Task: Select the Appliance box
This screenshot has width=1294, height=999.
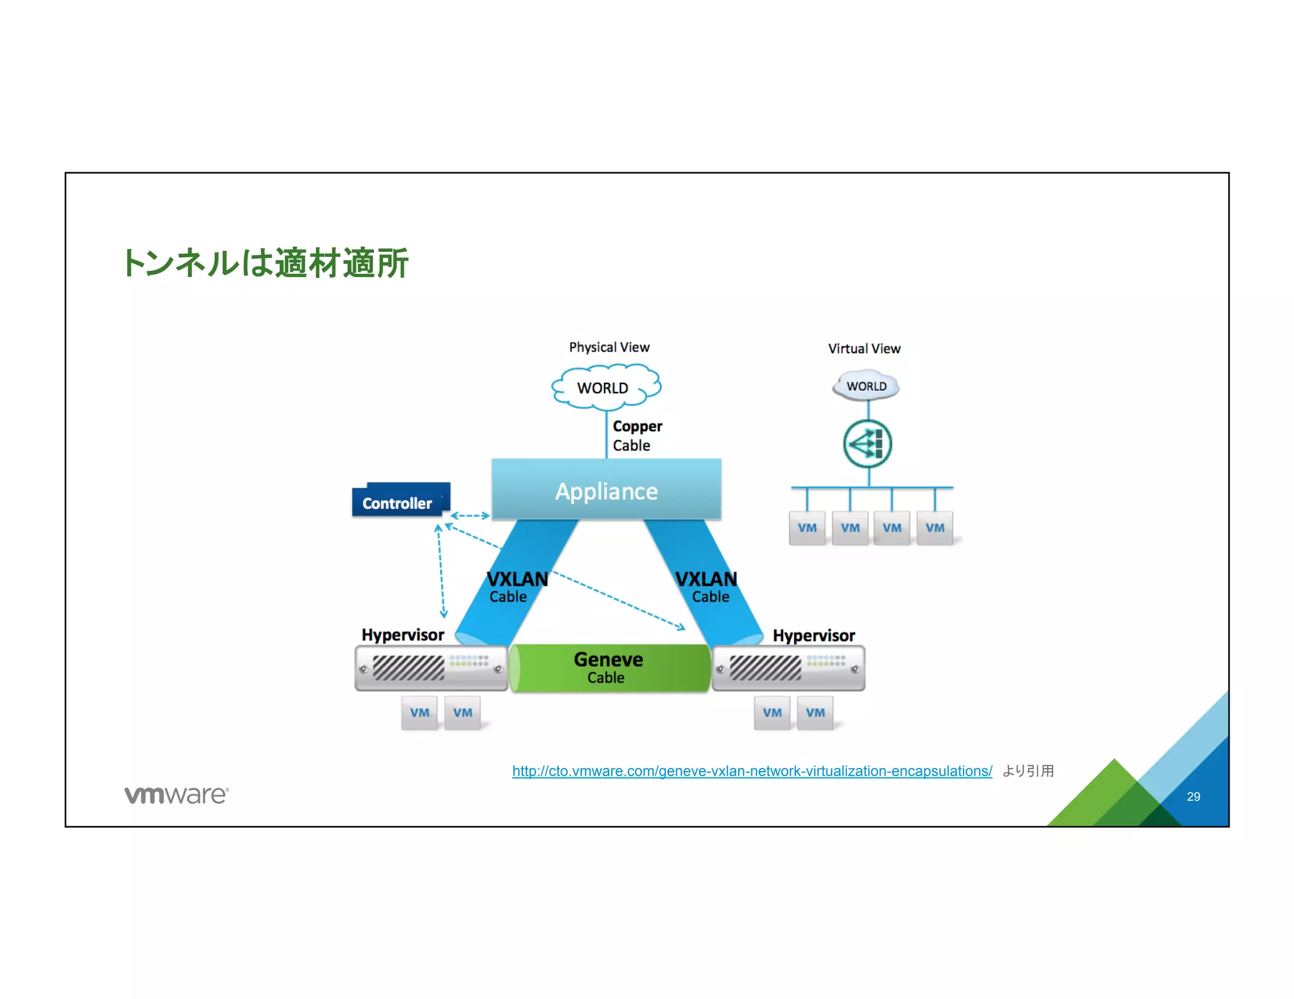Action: click(606, 490)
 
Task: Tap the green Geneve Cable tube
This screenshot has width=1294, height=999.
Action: click(608, 668)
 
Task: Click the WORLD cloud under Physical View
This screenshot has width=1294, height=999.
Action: click(604, 387)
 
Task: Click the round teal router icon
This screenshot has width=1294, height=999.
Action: click(868, 444)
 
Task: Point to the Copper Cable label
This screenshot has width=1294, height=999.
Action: click(636, 436)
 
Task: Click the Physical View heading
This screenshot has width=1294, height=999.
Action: click(608, 347)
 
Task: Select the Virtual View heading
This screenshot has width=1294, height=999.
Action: click(864, 349)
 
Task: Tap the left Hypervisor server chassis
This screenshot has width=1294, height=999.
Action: click(431, 668)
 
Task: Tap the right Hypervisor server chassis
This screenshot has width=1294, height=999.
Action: click(788, 668)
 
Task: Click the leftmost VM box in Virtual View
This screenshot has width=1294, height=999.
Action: click(807, 528)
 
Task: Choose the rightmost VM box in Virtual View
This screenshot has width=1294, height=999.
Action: click(934, 528)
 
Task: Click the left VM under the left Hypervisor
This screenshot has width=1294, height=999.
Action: click(420, 713)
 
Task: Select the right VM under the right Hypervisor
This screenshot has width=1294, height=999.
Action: click(815, 713)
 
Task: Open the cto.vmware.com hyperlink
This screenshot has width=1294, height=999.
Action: click(751, 771)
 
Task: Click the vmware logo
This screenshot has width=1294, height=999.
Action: click(176, 795)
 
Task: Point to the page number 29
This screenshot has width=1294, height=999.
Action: click(1193, 797)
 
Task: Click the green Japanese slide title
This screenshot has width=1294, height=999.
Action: click(265, 263)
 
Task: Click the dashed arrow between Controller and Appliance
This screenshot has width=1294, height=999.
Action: click(469, 516)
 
